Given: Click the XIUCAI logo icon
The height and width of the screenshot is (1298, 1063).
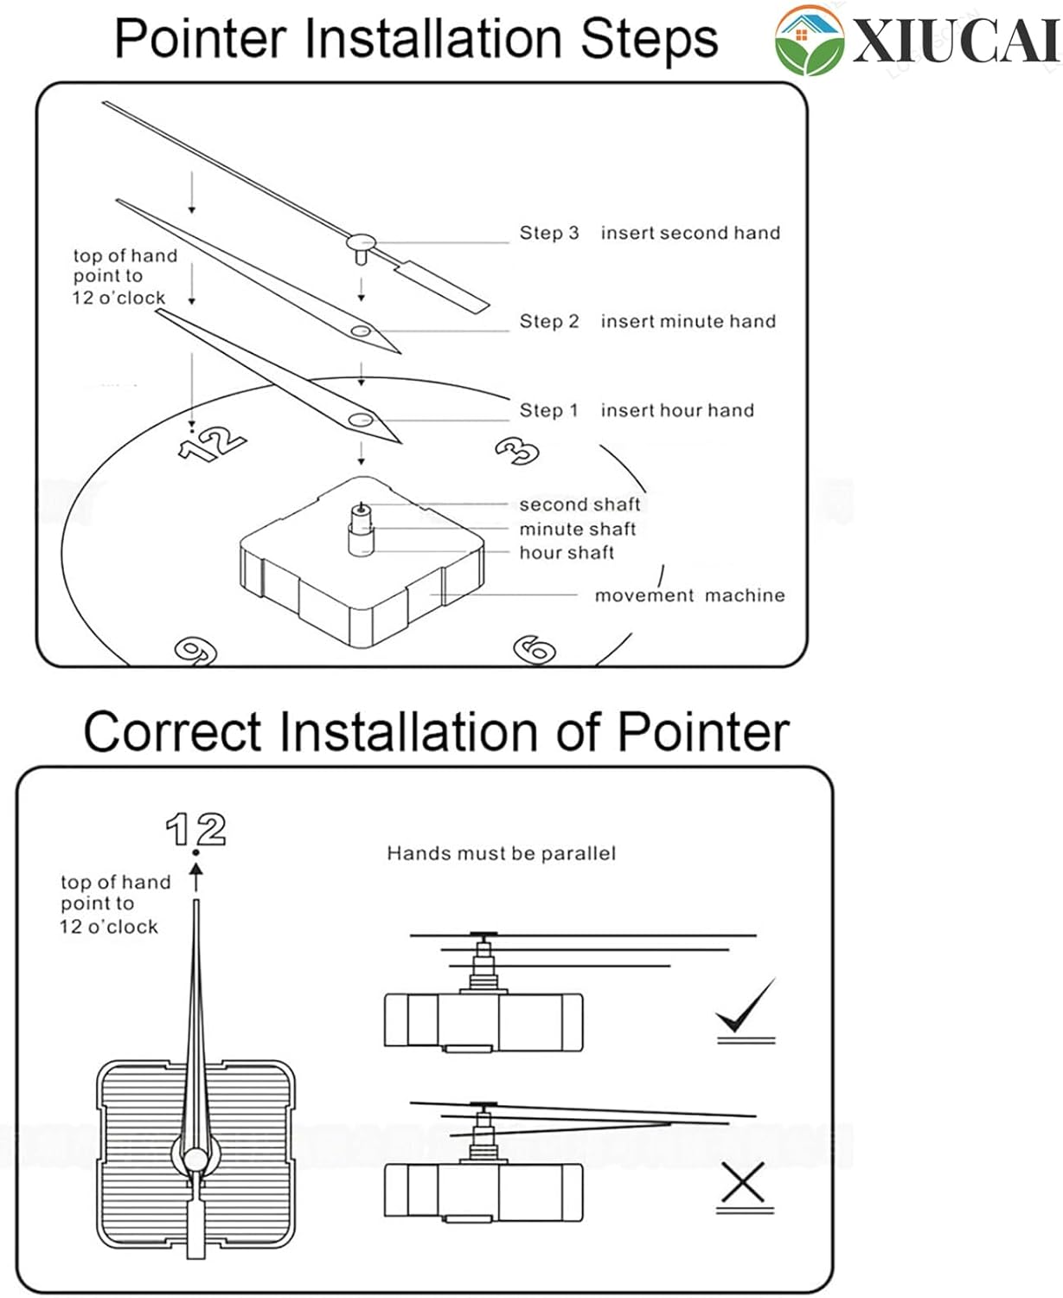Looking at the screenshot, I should [809, 40].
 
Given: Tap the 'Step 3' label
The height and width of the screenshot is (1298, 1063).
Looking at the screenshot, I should [548, 233].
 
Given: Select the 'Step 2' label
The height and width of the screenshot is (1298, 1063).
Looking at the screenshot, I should [548, 321].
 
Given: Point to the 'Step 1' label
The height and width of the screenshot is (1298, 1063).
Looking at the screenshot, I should [548, 410].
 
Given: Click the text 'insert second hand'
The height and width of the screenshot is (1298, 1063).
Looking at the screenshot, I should [690, 233].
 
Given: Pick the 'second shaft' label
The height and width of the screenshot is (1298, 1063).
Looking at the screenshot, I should [580, 504].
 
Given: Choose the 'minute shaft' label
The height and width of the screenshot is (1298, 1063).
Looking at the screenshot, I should [577, 529].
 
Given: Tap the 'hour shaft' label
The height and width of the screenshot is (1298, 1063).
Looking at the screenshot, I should [567, 552].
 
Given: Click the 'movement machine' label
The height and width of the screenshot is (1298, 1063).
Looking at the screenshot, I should [689, 595].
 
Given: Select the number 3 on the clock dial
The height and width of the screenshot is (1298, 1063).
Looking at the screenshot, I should [517, 450].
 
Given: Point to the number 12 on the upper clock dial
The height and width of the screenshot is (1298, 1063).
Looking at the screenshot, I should [212, 442].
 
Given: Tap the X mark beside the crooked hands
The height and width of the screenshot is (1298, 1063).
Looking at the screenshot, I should [742, 1183].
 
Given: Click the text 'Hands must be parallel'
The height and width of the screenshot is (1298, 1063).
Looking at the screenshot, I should [501, 853].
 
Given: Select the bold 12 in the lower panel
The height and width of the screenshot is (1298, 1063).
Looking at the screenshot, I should [196, 829].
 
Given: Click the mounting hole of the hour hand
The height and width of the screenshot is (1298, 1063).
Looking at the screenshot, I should [362, 421].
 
